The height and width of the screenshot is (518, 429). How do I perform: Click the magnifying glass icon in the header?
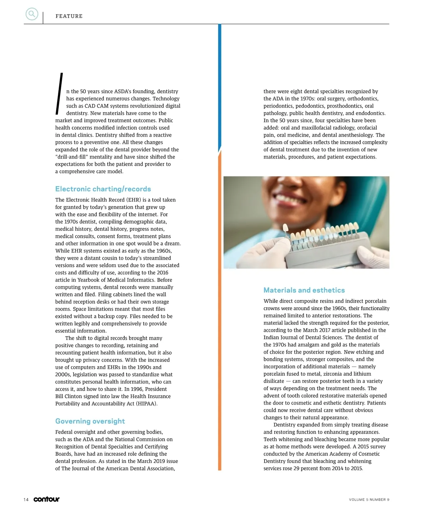(32, 14)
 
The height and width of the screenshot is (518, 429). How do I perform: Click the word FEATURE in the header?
(69, 16)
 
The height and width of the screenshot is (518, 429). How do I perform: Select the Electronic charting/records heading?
(103, 189)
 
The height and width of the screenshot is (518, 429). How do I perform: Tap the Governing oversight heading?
(90, 421)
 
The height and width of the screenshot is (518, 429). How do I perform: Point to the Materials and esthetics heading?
(304, 290)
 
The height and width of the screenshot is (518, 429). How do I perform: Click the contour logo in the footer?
(46, 499)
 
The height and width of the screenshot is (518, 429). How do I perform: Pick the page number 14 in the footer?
(26, 499)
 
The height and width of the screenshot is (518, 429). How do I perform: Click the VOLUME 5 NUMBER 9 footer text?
(369, 499)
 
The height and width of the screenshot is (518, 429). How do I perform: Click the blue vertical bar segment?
(220, 86)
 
